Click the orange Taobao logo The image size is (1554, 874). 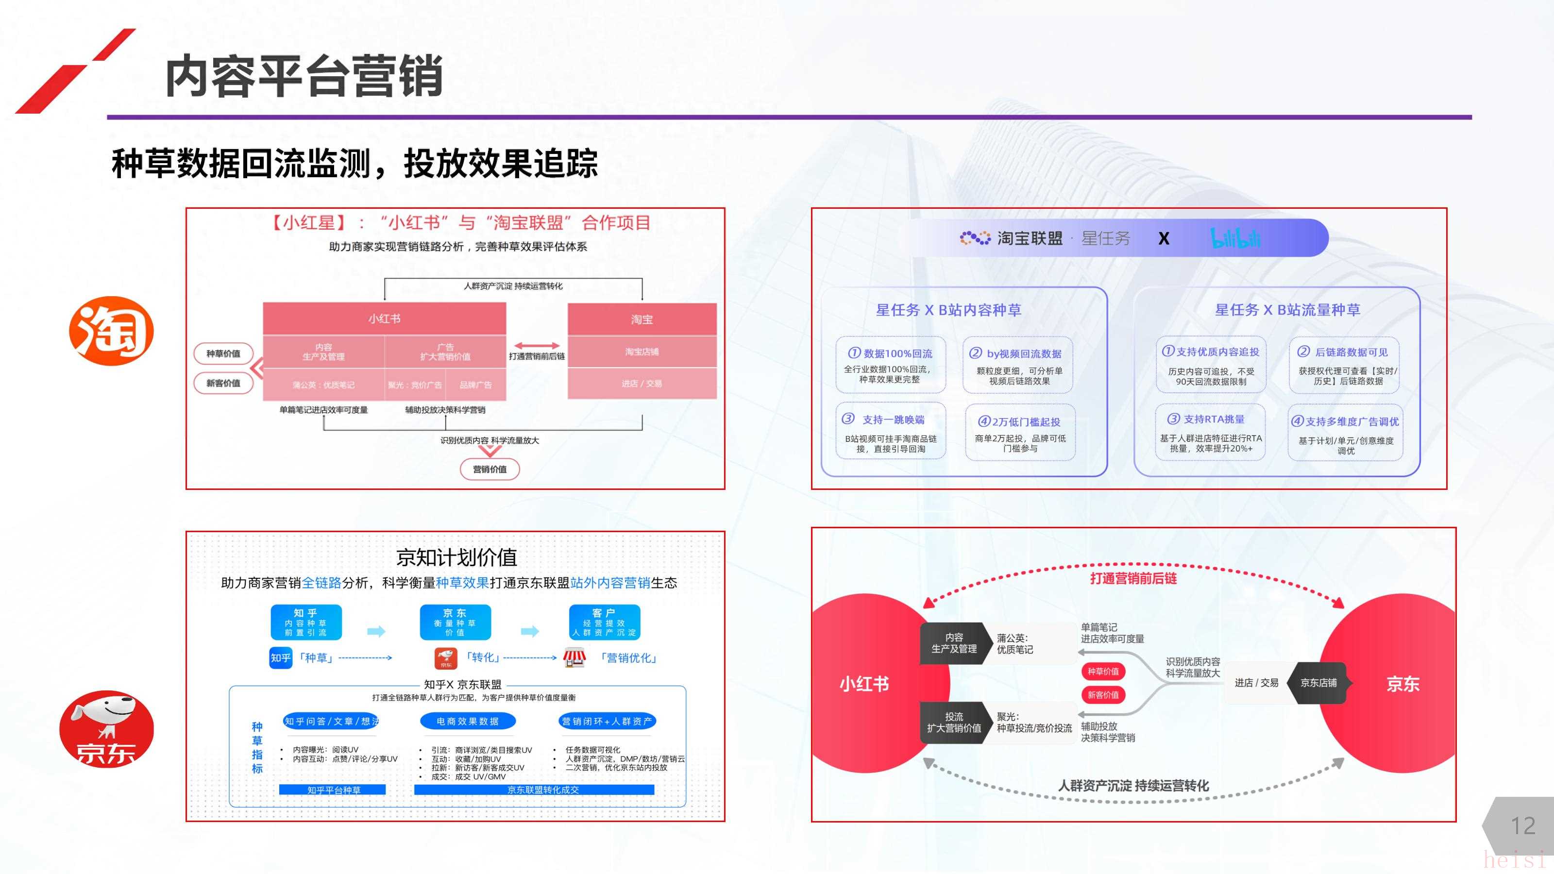[112, 331]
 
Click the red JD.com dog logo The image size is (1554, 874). [107, 729]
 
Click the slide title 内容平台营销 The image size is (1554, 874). [304, 76]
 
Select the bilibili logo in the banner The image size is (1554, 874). [1235, 238]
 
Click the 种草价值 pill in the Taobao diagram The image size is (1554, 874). [223, 353]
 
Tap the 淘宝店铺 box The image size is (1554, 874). [642, 352]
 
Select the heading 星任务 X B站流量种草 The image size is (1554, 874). [1287, 310]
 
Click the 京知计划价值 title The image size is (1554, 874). [456, 557]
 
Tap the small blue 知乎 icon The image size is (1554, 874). [281, 657]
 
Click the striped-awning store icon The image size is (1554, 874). [574, 657]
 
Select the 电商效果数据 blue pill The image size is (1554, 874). [468, 721]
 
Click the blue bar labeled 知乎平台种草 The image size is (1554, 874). [332, 790]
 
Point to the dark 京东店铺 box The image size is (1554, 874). [1318, 683]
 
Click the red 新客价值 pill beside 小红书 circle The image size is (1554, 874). [1103, 695]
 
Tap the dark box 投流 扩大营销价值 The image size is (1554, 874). [954, 723]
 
